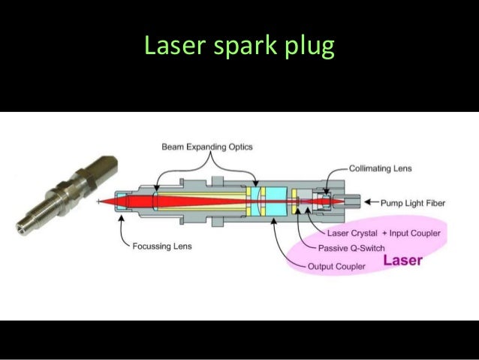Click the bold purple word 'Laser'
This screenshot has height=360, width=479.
pyautogui.click(x=403, y=262)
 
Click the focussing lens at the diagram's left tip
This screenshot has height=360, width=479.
pyautogui.click(x=118, y=202)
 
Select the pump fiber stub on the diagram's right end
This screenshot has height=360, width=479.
pyautogui.click(x=354, y=201)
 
